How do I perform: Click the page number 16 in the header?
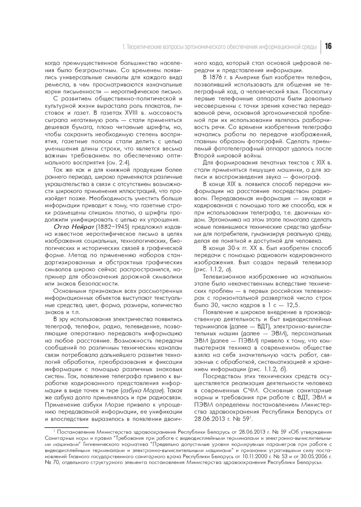click(x=328, y=47)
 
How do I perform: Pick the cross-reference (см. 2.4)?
click(x=113, y=163)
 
